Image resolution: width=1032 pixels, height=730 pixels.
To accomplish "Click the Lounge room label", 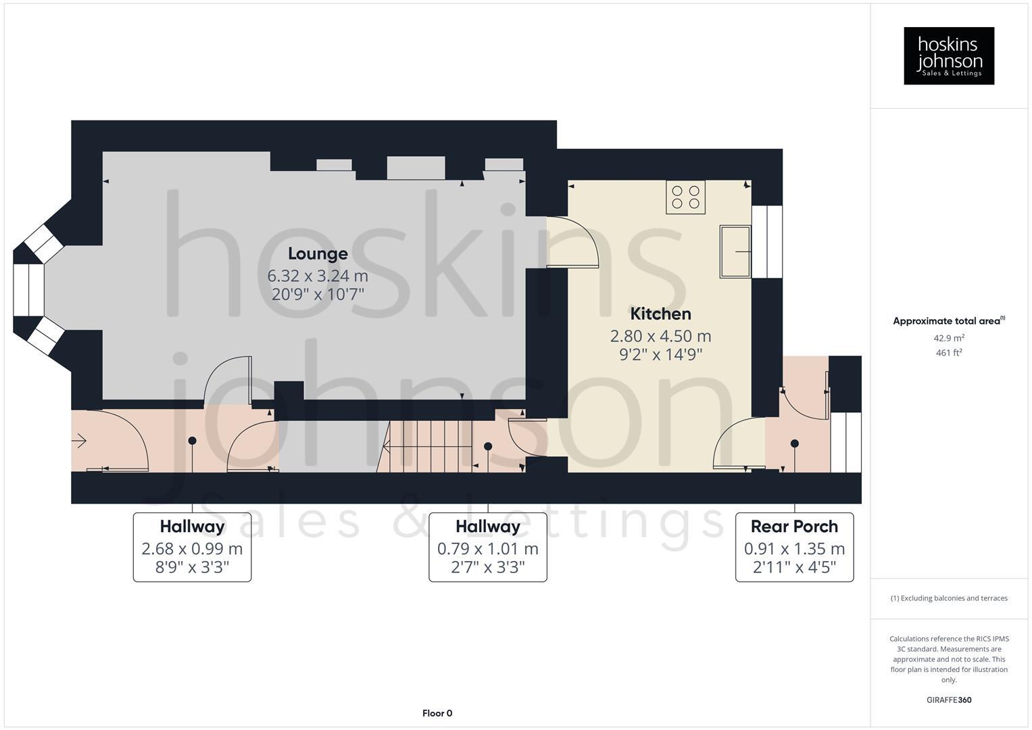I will [x=318, y=253].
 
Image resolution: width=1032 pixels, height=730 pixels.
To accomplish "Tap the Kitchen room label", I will [x=660, y=314].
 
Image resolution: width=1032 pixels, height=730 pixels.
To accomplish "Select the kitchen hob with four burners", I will [x=686, y=197].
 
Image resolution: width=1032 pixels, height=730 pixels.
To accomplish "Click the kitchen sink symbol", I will [x=735, y=252].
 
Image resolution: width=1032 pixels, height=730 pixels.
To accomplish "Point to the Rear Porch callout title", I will [x=794, y=527].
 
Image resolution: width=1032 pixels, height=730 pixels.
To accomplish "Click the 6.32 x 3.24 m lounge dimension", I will [x=318, y=276].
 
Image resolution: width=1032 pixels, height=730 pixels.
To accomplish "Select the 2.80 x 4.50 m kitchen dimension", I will [x=660, y=336].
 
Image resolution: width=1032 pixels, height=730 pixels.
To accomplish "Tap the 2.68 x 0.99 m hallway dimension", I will [x=192, y=549].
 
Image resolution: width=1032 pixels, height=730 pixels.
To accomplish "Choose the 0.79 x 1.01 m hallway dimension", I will [x=487, y=549].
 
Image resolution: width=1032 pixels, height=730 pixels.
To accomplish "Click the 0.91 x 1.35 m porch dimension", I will [x=794, y=549].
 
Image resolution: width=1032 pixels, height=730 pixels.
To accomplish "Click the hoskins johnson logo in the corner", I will [x=949, y=56].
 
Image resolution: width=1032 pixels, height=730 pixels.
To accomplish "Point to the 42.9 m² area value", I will [x=949, y=338].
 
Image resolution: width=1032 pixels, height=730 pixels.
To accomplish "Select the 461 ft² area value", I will [x=949, y=353].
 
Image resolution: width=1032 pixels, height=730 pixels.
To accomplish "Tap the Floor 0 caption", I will [x=437, y=713].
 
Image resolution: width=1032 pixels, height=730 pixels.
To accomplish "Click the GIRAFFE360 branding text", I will [x=949, y=700].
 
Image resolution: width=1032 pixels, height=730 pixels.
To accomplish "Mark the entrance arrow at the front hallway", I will [x=79, y=441].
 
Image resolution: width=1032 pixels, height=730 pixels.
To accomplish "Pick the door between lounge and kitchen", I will [x=572, y=242].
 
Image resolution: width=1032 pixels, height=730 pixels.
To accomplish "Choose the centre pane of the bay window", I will [x=29, y=289].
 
